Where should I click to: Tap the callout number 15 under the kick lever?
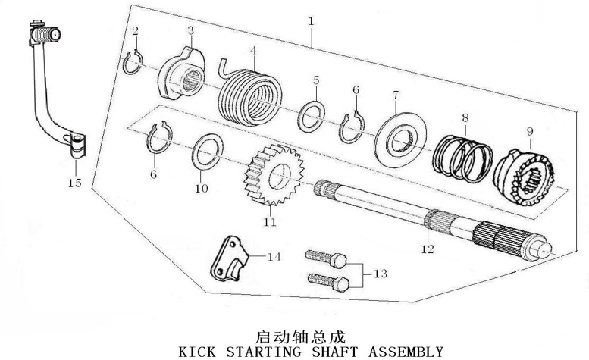74,183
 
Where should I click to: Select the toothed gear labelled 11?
269,180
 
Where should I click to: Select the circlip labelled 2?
131,61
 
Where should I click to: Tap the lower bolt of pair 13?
333,283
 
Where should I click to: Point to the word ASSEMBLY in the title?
406,352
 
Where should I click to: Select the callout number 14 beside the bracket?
274,256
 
